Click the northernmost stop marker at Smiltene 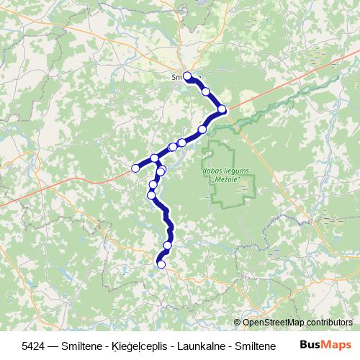187,76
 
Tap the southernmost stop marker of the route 161,265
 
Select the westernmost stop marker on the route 135,168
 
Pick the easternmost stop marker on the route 222,109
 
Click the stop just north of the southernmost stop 168,246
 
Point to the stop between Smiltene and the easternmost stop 206,91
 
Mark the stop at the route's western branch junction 154,158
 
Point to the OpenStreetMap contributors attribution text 298,323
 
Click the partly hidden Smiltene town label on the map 178,75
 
